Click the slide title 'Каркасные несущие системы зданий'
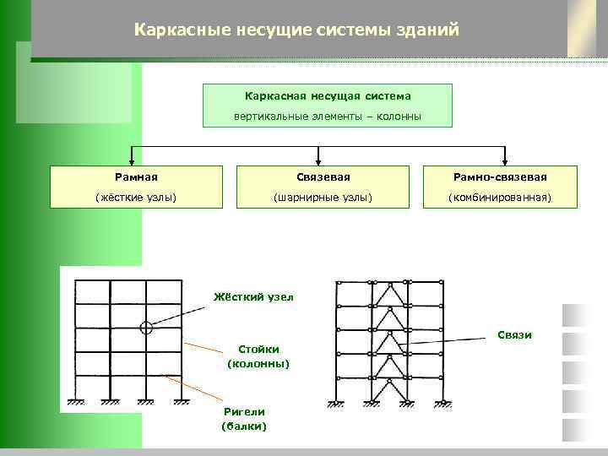296,30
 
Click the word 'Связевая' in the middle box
322,177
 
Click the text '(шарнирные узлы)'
322,198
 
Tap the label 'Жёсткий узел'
251,297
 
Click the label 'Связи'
513,335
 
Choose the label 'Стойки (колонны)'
258,356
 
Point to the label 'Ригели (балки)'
243,419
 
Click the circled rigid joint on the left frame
146,327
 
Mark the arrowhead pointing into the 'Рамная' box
132,160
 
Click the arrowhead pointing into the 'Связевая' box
318,160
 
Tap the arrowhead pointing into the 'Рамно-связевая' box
504,160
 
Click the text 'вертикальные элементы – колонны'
328,116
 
